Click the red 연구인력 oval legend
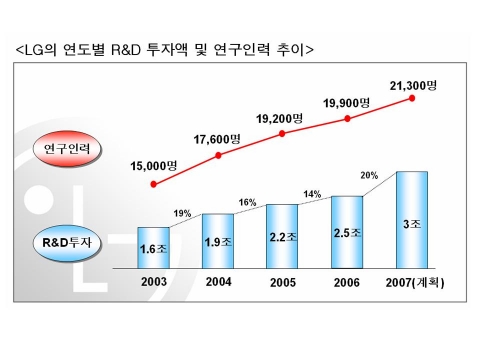[x=73, y=149]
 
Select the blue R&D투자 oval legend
[x=73, y=242]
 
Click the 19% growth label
[x=182, y=213]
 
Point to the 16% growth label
[x=248, y=202]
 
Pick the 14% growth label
[x=314, y=193]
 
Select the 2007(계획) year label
[x=412, y=282]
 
